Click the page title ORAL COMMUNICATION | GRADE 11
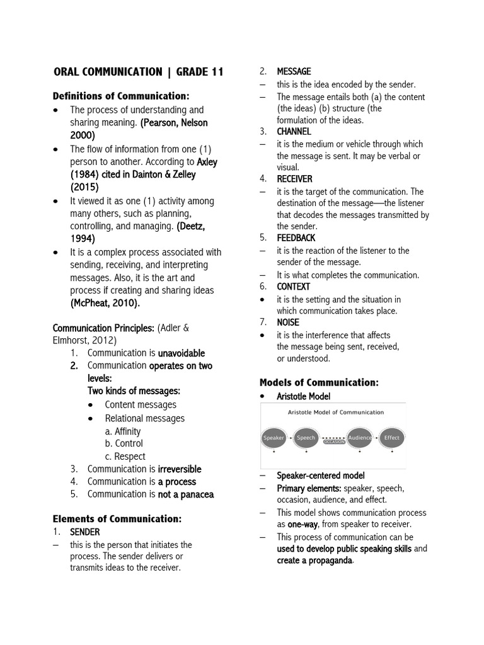(138, 72)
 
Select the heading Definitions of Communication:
(121, 96)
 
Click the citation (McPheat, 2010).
(105, 303)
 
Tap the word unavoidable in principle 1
(181, 353)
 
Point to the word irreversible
(180, 469)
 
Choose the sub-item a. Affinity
(123, 431)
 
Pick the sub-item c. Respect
(125, 457)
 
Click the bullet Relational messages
(145, 418)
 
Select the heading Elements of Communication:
(117, 519)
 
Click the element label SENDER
(84, 533)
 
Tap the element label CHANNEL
(294, 132)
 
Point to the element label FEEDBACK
(296, 238)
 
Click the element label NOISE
(288, 322)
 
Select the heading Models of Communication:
(319, 382)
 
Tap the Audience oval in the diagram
(360, 438)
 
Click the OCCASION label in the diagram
(334, 442)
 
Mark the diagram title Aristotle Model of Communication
(335, 413)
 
